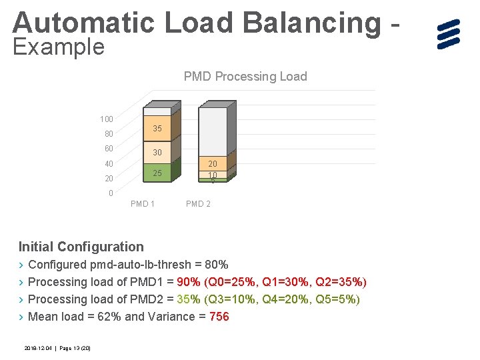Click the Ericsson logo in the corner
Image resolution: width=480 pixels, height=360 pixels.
point(449,34)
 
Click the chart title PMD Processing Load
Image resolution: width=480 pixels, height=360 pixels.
point(245,77)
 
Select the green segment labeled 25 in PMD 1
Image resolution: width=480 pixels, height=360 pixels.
point(157,173)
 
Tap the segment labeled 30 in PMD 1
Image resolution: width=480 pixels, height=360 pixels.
point(157,152)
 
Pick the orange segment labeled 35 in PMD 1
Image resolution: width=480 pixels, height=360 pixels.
point(157,128)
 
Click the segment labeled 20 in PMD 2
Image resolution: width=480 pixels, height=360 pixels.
point(213,163)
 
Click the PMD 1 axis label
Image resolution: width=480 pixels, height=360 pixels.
point(143,204)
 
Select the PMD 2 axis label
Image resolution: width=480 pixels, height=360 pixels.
point(198,204)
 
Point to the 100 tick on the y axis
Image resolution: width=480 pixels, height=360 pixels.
point(106,119)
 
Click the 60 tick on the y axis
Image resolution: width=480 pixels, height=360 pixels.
point(108,149)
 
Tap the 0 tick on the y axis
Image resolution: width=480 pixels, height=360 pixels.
point(110,193)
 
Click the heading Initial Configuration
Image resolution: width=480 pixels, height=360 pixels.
point(81,247)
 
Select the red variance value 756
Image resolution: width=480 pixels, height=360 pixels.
point(219,317)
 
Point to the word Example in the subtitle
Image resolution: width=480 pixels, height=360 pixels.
point(59,47)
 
